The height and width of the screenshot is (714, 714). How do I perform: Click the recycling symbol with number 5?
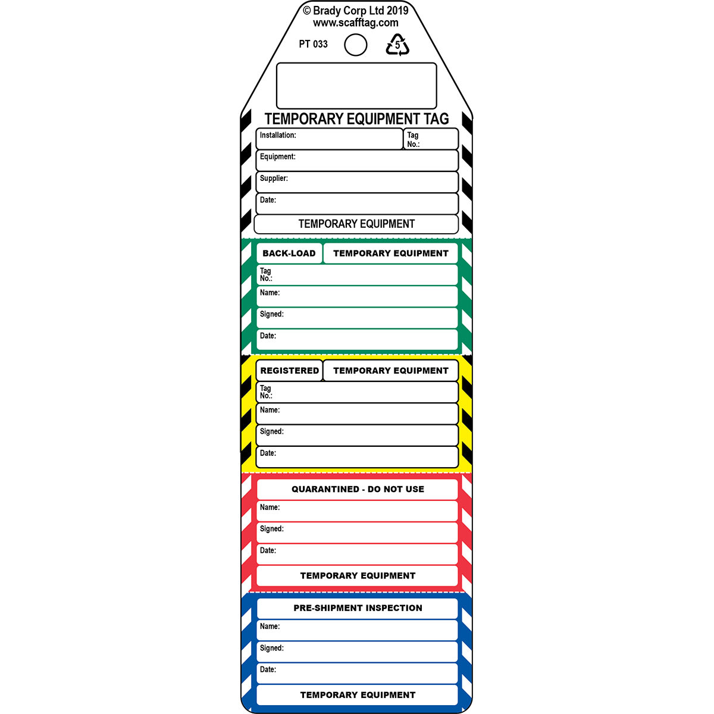(x=397, y=45)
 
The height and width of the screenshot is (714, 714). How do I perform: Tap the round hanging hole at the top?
(x=355, y=45)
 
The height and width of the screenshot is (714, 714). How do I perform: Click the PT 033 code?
(x=313, y=44)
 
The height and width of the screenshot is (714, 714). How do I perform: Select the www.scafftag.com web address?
(x=355, y=23)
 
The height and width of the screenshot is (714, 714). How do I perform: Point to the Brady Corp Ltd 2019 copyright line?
(x=355, y=10)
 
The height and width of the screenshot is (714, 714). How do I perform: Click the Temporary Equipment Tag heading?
(x=356, y=119)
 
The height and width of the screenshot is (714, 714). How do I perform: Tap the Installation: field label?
(x=278, y=135)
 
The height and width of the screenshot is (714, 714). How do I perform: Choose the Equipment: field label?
(x=277, y=156)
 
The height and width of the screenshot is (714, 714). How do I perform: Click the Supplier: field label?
(x=274, y=178)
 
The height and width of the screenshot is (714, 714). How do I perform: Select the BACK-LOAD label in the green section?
(x=289, y=253)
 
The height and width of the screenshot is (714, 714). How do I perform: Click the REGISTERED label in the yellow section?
(x=289, y=371)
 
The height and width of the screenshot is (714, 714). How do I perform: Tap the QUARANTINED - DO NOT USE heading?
(x=358, y=489)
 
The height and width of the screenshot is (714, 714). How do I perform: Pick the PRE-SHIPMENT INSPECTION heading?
(x=358, y=608)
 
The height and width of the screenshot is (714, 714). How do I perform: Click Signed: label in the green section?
(x=271, y=314)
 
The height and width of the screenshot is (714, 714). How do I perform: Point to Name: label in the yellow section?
(x=270, y=410)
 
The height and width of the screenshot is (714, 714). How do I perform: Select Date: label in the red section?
(x=268, y=550)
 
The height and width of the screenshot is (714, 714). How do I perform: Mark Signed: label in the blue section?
(x=271, y=648)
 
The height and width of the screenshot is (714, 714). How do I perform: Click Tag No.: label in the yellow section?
(x=266, y=392)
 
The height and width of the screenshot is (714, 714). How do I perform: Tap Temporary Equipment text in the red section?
(x=358, y=575)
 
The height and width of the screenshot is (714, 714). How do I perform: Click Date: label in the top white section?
(x=268, y=200)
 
